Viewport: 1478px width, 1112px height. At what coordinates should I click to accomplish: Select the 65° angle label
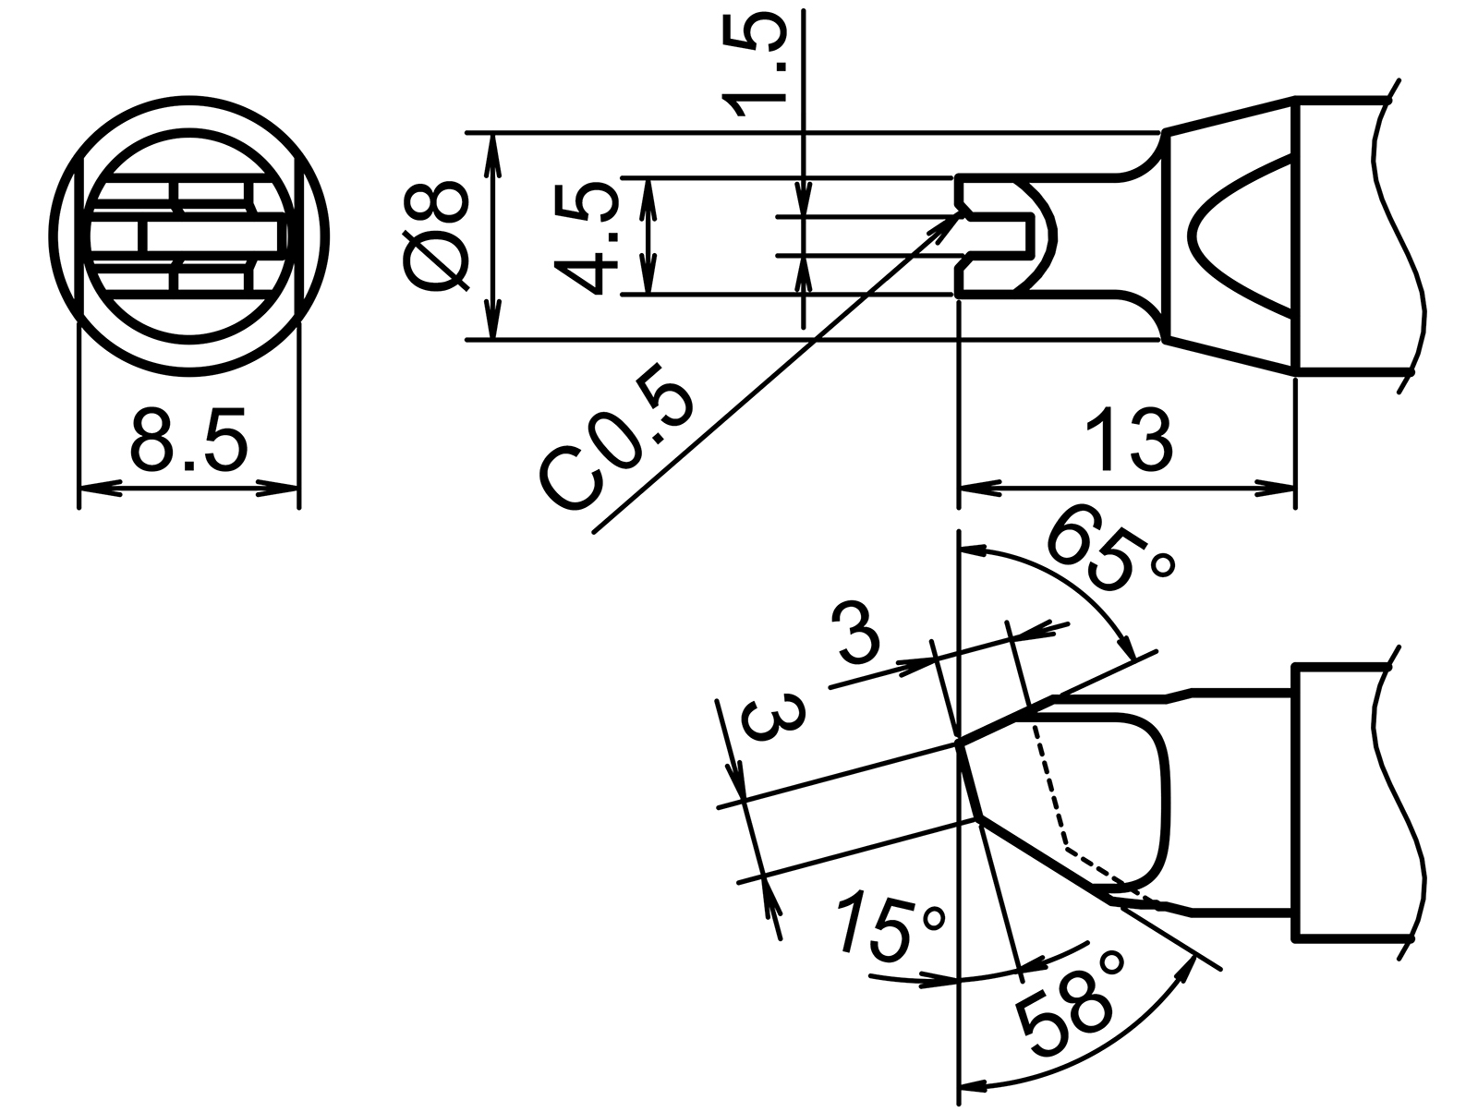pos(1108,553)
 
